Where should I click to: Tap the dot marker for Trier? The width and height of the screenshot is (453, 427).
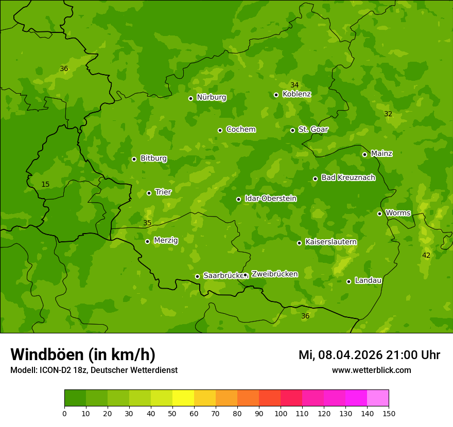[149, 193]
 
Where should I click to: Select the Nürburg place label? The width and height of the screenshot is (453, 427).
[211, 97]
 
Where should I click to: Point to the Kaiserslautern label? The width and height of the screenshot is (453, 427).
[331, 242]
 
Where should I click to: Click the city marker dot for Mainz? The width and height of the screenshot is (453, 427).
[364, 154]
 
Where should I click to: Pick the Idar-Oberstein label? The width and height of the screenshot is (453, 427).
[270, 199]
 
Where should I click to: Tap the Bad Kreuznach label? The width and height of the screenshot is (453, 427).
[348, 177]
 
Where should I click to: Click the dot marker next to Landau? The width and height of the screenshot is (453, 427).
[349, 281]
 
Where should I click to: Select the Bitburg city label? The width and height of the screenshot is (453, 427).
[153, 158]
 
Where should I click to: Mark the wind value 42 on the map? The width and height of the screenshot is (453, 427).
[426, 256]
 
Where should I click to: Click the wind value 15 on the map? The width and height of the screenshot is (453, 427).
[45, 185]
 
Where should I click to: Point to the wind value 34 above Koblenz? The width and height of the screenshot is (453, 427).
[294, 85]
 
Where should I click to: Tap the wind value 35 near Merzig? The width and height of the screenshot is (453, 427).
[147, 223]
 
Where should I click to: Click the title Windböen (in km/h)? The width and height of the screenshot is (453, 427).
[83, 354]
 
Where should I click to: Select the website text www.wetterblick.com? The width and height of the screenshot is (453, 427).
[371, 370]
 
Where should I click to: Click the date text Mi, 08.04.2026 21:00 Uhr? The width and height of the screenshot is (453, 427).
[369, 355]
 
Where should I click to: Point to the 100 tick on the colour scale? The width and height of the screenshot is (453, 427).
[281, 414]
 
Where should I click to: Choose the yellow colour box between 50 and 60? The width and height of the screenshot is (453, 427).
[183, 398]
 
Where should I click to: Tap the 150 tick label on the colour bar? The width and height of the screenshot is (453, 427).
[389, 414]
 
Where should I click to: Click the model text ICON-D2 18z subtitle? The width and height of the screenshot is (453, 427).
[94, 370]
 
